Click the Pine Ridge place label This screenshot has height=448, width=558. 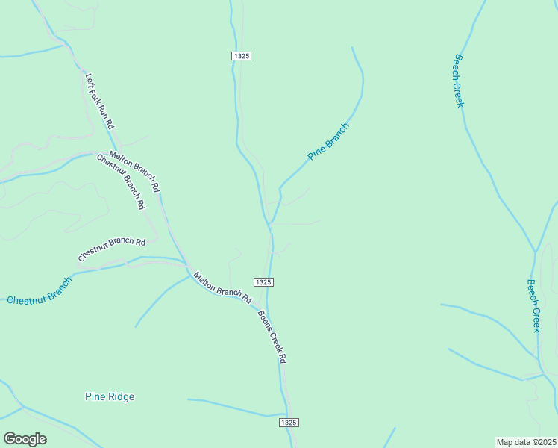tap(110, 396)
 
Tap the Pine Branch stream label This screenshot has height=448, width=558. tap(328, 140)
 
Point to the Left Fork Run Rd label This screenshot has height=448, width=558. tap(99, 100)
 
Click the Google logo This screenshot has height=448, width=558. tap(25, 439)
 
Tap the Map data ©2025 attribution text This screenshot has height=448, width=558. tap(526, 442)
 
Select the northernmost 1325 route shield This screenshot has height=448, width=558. tap(241, 56)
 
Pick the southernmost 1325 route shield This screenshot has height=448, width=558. tap(289, 423)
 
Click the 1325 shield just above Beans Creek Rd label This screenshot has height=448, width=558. tap(263, 281)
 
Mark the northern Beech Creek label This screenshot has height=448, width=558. tap(459, 81)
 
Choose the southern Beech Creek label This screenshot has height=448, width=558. tap(533, 305)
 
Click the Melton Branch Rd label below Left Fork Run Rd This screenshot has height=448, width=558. tap(134, 171)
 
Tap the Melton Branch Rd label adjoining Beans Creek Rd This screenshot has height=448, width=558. tap(222, 287)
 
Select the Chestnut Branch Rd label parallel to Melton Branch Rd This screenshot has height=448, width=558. tap(120, 181)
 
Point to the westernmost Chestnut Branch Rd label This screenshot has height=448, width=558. tap(112, 249)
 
